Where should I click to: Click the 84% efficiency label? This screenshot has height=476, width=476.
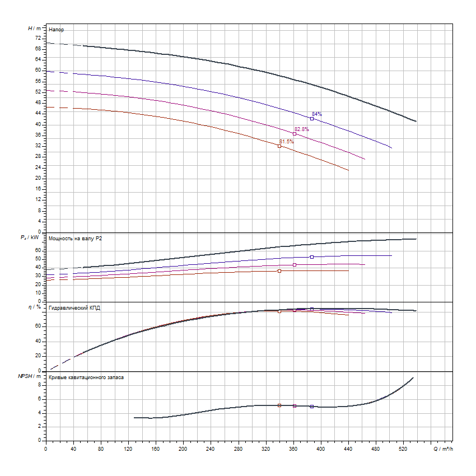coord(317,114)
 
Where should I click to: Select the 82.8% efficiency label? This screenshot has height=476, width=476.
coord(302,129)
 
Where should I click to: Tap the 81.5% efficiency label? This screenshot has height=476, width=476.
coord(286,142)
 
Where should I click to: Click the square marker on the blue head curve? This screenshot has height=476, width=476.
coord(312,119)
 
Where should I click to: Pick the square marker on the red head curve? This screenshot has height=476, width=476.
coord(279,146)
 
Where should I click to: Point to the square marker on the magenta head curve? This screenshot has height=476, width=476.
coord(295,133)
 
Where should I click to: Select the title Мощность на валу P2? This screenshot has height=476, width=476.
coord(76,239)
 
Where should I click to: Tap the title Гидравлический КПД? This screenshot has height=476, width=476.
coord(74,308)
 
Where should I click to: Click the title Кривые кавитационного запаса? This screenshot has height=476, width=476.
coord(86,377)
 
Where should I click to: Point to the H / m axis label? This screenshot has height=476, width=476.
coord(34,28)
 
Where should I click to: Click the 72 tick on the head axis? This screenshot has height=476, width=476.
coord(38,38)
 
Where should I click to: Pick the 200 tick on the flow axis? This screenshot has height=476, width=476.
coord(183,449)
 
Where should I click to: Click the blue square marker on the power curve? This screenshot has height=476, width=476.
coord(312,257)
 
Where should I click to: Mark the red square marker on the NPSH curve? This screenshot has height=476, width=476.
coord(279,405)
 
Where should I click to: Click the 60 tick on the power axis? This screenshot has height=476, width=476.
coord(38,250)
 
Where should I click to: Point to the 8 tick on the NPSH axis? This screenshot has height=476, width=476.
coord(40,385)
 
